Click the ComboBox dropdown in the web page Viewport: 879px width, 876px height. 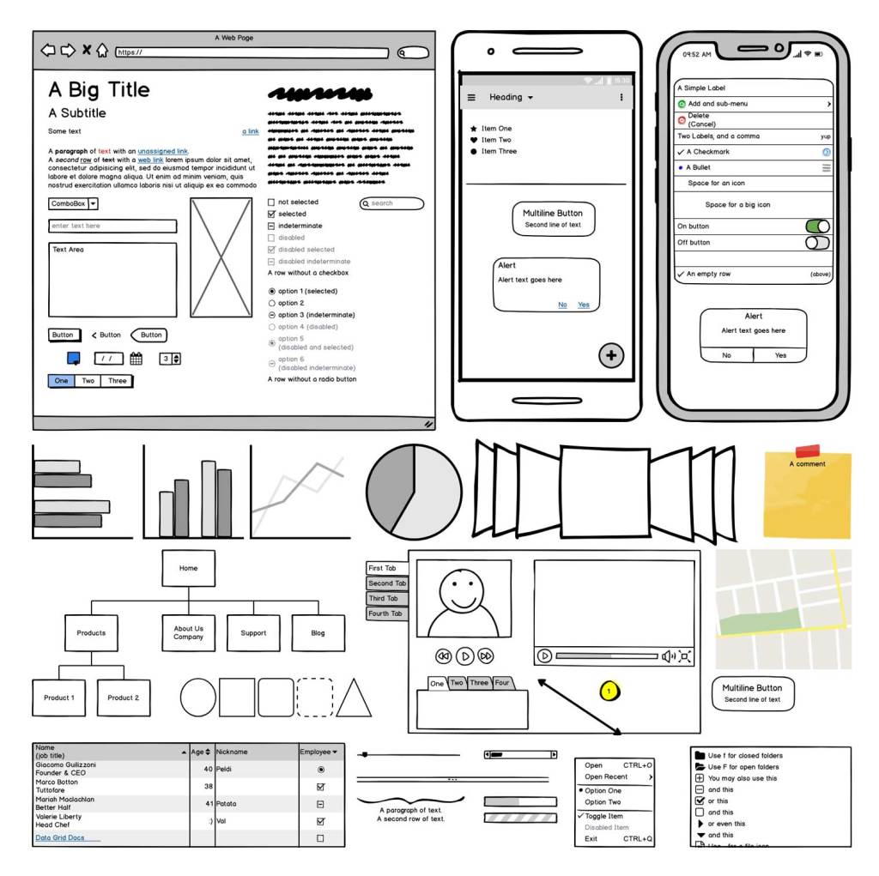coord(73,204)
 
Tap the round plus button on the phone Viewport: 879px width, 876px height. coord(611,355)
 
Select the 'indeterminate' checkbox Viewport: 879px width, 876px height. coord(272,226)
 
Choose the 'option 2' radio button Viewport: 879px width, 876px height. coord(272,303)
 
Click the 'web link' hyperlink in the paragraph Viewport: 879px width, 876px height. coord(150,160)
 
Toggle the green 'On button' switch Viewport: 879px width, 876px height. coord(817,227)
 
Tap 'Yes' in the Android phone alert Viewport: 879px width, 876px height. coord(584,305)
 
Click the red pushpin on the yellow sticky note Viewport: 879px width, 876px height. coord(807,451)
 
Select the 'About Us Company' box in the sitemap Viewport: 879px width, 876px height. coord(188,633)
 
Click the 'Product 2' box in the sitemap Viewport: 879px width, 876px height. coord(124,698)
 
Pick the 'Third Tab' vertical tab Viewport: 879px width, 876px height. coord(386,599)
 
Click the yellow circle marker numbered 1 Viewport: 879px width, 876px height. coord(609,691)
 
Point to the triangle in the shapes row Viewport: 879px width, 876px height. coord(354,698)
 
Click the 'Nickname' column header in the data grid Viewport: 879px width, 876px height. coord(255,752)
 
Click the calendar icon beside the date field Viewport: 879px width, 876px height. coord(136,359)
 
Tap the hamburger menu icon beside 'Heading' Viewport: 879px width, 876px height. coord(471,98)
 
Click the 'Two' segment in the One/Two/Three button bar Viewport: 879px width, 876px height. coord(88,381)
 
